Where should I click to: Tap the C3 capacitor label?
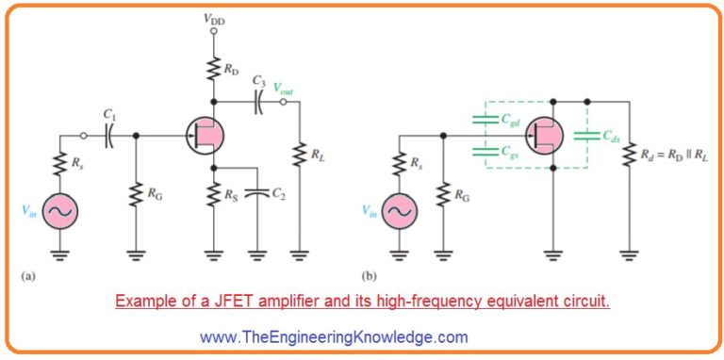click(x=257, y=84)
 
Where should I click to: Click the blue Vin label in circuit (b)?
click(x=370, y=214)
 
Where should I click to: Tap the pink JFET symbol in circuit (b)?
click(x=544, y=134)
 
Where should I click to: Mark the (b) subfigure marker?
click(x=367, y=276)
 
